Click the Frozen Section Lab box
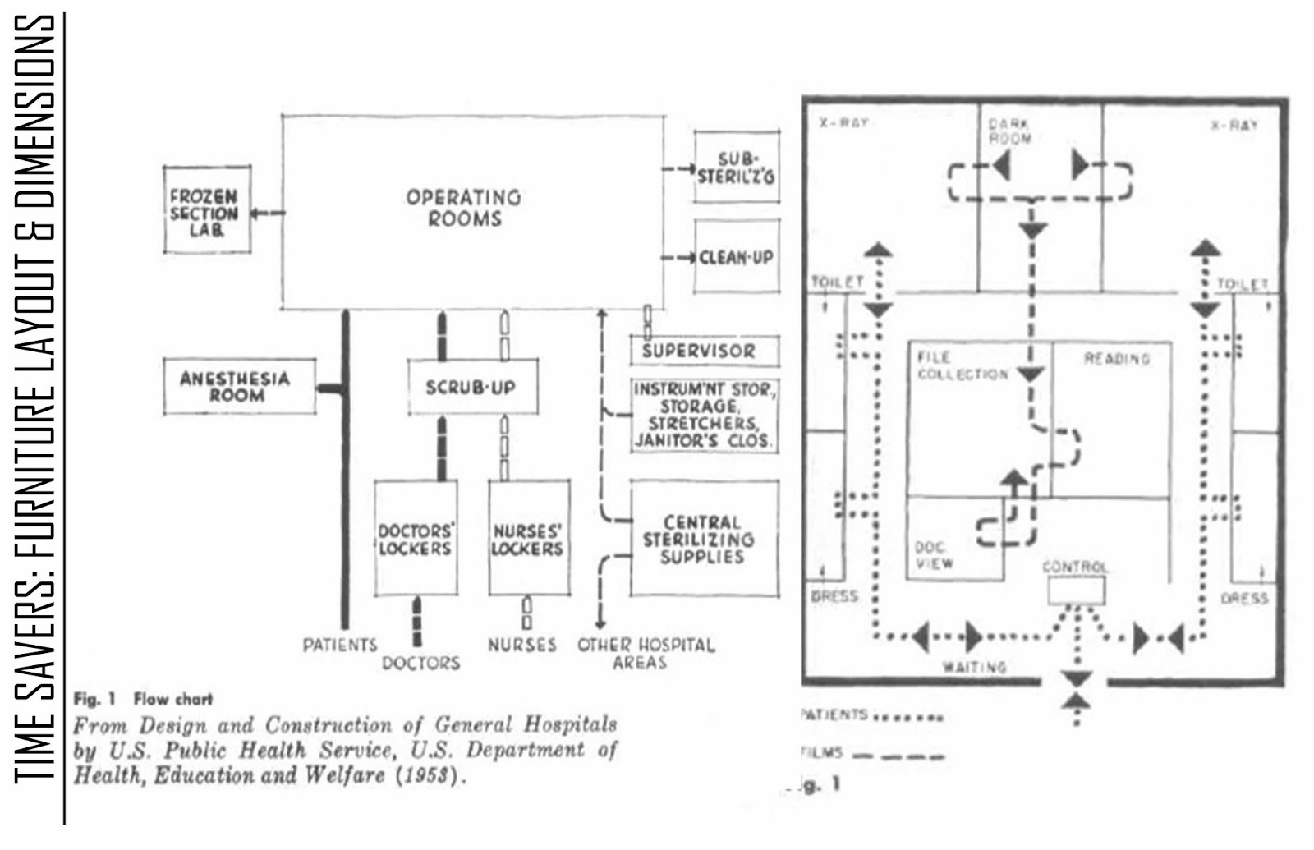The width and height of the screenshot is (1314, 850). [x=207, y=212]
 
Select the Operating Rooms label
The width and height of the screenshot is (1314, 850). [x=464, y=209]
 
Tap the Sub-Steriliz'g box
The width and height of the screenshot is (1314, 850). [x=736, y=167]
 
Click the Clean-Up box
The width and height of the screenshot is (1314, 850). [x=736, y=257]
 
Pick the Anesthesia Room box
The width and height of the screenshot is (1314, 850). [x=239, y=386]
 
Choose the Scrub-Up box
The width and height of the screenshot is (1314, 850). [x=472, y=387]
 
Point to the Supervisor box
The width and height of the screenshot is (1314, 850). [x=705, y=351]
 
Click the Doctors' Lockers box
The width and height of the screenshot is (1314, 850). [x=416, y=539]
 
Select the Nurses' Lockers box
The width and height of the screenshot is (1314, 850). [x=528, y=539]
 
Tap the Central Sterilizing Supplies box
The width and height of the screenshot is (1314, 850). [x=704, y=539]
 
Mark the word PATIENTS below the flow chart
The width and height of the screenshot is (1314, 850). [x=339, y=645]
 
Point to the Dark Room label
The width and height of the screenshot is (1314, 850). [x=1009, y=131]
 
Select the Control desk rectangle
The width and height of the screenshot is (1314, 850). [x=1076, y=590]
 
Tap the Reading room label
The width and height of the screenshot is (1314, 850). [x=1116, y=359]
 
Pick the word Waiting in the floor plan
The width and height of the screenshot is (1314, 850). [x=974, y=667]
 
